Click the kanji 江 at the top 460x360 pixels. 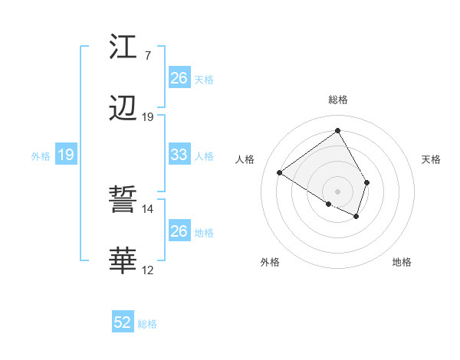pos(123,47)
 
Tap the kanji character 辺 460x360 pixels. pos(123,109)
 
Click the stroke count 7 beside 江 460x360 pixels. pos(147,55)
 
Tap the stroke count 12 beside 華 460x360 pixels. pos(147,270)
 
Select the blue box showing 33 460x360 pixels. pos(179,155)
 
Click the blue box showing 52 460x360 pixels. pos(123,322)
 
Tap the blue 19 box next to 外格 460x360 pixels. pos(66,155)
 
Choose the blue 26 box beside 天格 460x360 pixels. pos(179,78)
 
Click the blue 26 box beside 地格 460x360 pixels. pos(179,231)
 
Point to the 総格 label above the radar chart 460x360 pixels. pos(338,100)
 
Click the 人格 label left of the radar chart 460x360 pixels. pos(245,159)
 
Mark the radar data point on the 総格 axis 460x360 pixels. pos(337,130)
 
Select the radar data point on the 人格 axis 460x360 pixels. pos(280,172)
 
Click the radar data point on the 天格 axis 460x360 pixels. pos(367,182)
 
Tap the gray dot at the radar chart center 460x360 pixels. pos(337,191)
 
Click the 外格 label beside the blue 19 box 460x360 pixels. pos(41,155)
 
